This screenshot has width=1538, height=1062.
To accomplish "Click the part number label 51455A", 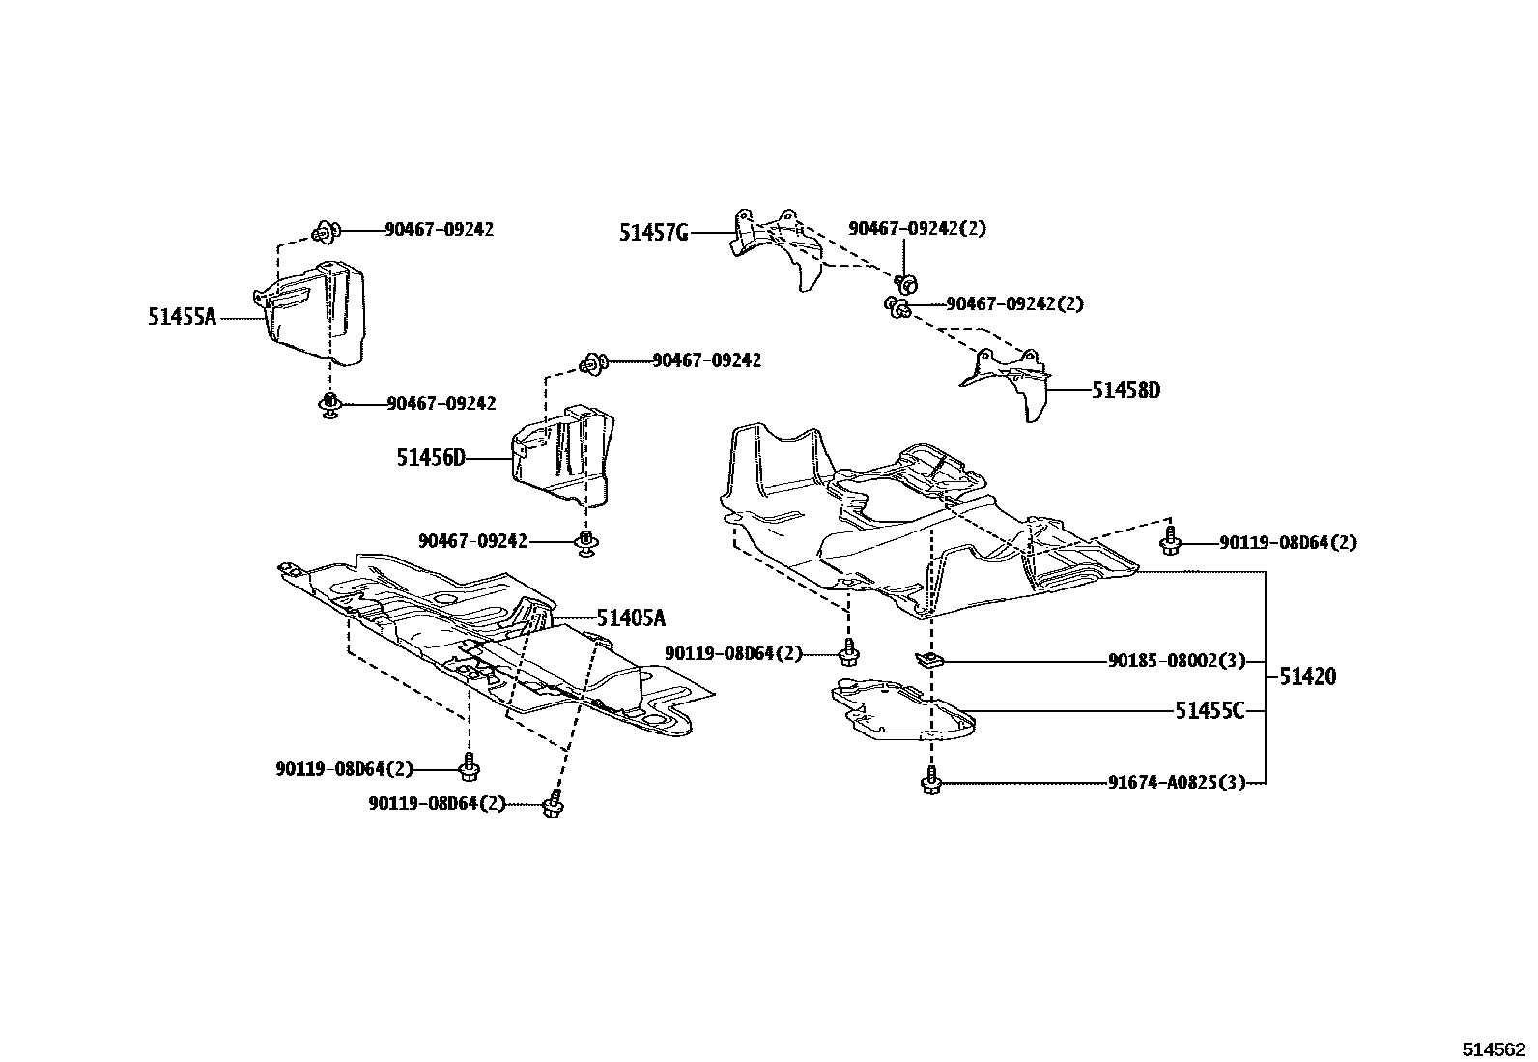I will [x=182, y=316].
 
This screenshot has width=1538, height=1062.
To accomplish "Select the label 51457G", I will [x=653, y=232].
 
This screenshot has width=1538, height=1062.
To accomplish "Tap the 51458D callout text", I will [x=1125, y=390].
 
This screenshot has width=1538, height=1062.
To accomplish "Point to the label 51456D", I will [x=430, y=457].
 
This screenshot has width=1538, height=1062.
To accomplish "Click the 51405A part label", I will [x=630, y=618].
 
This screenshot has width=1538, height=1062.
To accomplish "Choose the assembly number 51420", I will [x=1308, y=676].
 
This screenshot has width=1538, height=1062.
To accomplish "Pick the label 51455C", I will [x=1210, y=711].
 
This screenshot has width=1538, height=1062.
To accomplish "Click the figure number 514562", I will [x=1494, y=1048].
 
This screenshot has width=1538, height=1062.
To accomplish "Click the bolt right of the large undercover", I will [x=1172, y=542].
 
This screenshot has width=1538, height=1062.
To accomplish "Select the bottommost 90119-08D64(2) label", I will [x=437, y=803].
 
